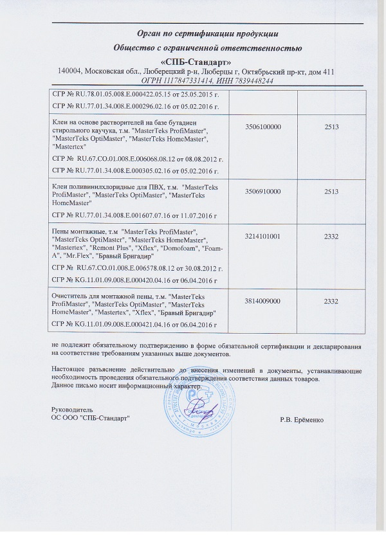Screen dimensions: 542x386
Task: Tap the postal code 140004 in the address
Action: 71,71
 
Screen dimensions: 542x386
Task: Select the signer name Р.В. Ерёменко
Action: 303,420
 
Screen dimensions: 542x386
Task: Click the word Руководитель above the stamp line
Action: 72,410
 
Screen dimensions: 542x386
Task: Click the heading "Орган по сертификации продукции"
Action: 208,33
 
